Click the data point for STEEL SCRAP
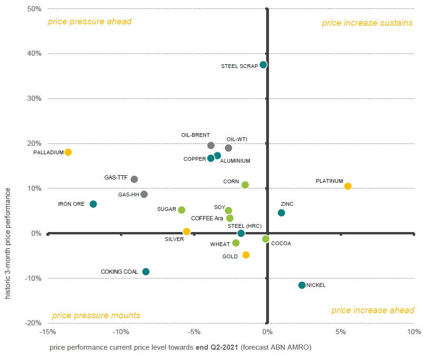(x=263, y=65)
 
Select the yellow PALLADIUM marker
(x=68, y=152)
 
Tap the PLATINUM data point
(x=348, y=186)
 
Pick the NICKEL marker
(x=302, y=285)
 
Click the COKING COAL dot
(x=146, y=271)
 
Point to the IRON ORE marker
(x=93, y=204)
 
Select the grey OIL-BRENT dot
(x=211, y=145)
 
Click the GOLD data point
(x=246, y=255)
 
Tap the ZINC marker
(x=281, y=213)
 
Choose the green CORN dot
(x=245, y=185)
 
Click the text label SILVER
(x=174, y=239)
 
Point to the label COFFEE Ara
(x=207, y=218)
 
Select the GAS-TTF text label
(x=114, y=178)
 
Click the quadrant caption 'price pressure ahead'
(x=89, y=22)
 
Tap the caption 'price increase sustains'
(x=367, y=23)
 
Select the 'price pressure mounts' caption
(x=96, y=315)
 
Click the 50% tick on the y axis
(x=34, y=8)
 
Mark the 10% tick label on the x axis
(x=414, y=332)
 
